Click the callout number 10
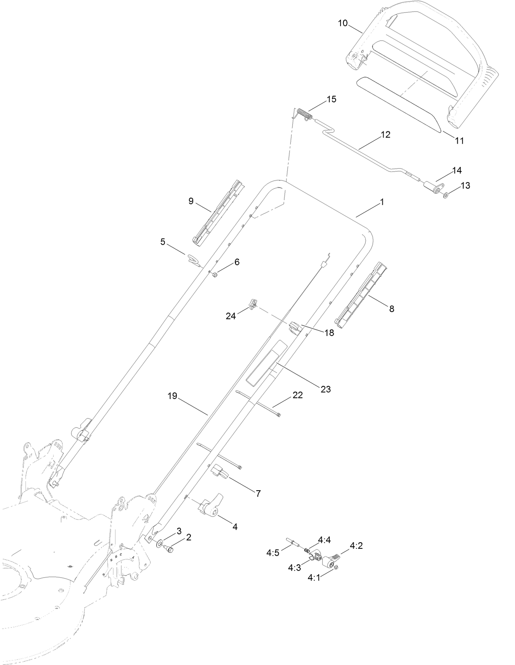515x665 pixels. (343, 23)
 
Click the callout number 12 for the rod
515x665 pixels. (385, 135)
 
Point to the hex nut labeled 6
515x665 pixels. (215, 274)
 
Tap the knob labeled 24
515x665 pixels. (253, 305)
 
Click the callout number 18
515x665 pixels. (329, 333)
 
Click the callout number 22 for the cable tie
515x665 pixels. (298, 395)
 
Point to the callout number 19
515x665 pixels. (172, 396)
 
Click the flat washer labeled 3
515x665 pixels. (159, 545)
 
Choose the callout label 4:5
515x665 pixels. (272, 553)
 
